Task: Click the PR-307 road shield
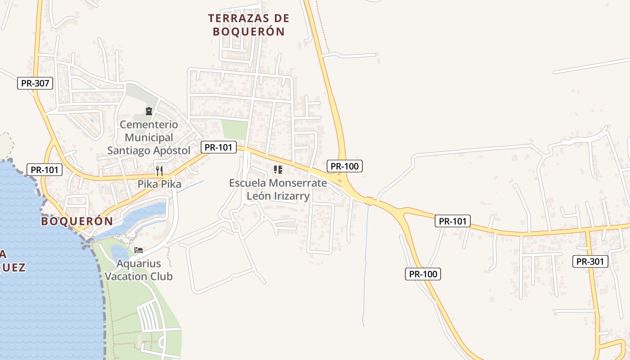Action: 35,83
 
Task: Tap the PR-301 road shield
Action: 590,261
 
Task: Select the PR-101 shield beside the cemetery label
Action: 218,147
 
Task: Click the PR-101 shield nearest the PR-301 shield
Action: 453,221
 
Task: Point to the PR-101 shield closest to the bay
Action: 45,170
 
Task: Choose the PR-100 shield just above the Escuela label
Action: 345,166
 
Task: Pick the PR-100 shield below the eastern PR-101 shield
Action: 423,274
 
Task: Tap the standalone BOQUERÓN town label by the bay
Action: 76,221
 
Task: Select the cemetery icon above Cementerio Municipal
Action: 149,111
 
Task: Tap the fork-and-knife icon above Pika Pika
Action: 159,171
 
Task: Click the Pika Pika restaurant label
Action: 159,184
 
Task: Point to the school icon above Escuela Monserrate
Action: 278,170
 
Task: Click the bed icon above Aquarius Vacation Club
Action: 139,250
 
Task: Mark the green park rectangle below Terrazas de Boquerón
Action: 235,130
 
